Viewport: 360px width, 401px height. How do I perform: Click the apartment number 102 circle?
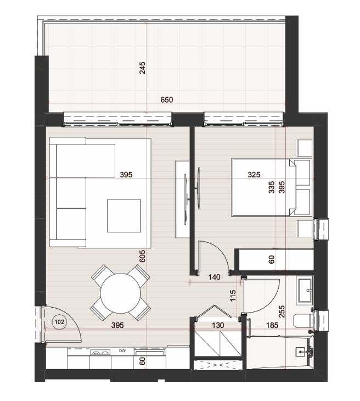[x=59, y=321]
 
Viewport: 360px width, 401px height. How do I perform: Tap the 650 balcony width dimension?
[x=167, y=99]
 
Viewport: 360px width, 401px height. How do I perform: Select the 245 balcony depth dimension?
[x=142, y=68]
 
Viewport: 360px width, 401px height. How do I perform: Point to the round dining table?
[x=121, y=293]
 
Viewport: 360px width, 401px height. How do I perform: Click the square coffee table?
[x=124, y=216]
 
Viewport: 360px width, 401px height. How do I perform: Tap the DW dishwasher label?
[x=122, y=351]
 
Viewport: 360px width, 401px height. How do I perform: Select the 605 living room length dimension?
[x=142, y=256]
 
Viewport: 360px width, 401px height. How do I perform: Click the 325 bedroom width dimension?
[x=254, y=175]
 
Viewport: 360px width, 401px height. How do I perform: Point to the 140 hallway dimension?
[x=214, y=277]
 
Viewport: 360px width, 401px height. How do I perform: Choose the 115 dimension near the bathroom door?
[x=233, y=296]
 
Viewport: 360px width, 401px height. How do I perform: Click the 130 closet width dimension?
[x=218, y=325]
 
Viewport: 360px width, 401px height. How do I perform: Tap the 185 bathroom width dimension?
[x=272, y=325]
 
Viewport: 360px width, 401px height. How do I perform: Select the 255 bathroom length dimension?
[x=282, y=311]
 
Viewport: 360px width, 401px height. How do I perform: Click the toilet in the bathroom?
[x=303, y=321]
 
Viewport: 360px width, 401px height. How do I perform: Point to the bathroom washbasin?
[x=305, y=291]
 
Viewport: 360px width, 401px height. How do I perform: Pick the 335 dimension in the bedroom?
[x=272, y=187]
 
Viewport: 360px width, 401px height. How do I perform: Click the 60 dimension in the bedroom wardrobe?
[x=272, y=259]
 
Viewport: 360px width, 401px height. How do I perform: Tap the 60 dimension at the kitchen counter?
[x=143, y=361]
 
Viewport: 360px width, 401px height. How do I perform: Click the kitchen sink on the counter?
[x=149, y=353]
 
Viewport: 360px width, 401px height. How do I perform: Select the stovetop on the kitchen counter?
[x=100, y=353]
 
